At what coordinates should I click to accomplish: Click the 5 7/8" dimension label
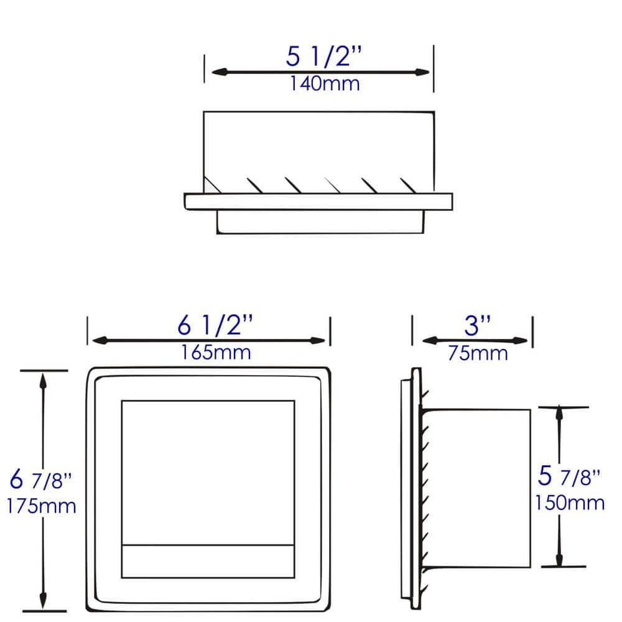(569, 477)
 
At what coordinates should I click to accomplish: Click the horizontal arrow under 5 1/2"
(320, 72)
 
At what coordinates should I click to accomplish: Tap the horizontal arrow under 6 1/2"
(208, 340)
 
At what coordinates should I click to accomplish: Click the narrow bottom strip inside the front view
(208, 562)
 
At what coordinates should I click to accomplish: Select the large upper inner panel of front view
(208, 473)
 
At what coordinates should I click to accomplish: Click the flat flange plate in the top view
(318, 202)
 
